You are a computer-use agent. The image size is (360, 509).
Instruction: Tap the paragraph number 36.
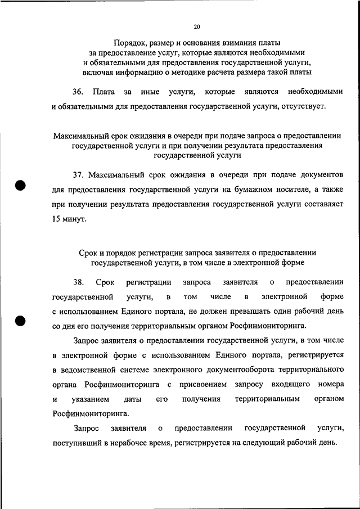(78, 92)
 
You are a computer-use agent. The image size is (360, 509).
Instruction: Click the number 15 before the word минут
(56, 219)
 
